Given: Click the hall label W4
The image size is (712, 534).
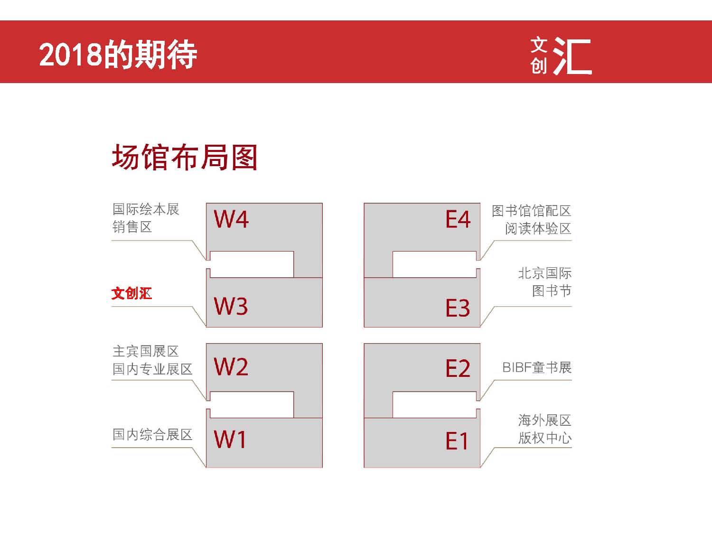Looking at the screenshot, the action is pos(231,219).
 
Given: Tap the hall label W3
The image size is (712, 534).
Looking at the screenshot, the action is pos(231,306).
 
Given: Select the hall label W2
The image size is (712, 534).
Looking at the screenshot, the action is pos(231,367).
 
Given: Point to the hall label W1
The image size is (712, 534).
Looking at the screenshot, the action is pos(230,440).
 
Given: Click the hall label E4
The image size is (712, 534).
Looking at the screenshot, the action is pos(458,219).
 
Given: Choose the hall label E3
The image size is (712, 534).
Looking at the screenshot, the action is pos(458,308).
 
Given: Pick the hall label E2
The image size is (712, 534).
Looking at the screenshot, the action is pos(458,368).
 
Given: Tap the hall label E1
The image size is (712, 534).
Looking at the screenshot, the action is pos(457,440).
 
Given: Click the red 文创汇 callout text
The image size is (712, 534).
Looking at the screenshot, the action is pos(131,293).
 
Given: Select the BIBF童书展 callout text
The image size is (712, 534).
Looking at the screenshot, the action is pos(537,367).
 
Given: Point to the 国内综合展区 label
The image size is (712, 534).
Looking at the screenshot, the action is pos(152,434).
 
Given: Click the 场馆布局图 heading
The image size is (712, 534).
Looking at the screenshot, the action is pos(185,157).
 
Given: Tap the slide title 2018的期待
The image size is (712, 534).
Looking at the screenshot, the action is pos(118,54).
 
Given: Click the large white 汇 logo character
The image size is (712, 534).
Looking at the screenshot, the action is pos(572,56).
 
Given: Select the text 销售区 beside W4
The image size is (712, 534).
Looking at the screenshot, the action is pos(132,226).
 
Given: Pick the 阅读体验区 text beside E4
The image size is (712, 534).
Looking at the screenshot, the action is pos(538,228).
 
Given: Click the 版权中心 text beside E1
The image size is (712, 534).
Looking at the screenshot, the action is pos(544,438).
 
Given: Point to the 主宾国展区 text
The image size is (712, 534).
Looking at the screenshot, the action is pos(146,351).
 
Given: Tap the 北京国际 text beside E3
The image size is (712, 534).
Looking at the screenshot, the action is pos(544,273).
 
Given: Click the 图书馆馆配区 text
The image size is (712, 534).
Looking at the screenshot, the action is pos(531,211).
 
